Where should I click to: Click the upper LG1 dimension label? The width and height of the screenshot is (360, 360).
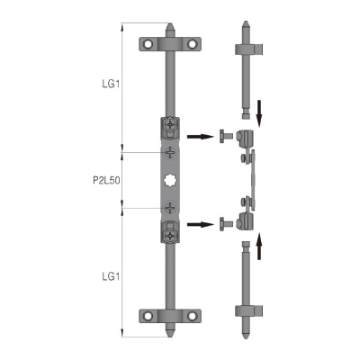pos(111,84)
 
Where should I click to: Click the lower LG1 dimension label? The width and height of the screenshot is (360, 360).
pos(111,276)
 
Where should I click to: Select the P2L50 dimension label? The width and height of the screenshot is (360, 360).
pos(106,180)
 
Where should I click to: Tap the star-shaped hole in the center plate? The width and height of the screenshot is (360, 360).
pos(170,180)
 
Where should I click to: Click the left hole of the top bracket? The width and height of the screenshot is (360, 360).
pos(148,44)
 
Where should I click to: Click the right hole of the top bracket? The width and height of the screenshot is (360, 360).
pos(192,44)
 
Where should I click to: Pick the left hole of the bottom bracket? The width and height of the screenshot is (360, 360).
pos(148,316)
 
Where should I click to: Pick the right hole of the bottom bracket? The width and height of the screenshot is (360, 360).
pos(192,316)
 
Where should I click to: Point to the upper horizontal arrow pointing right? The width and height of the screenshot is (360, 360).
pos(200,137)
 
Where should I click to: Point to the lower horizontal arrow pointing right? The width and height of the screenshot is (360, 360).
pos(200,224)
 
